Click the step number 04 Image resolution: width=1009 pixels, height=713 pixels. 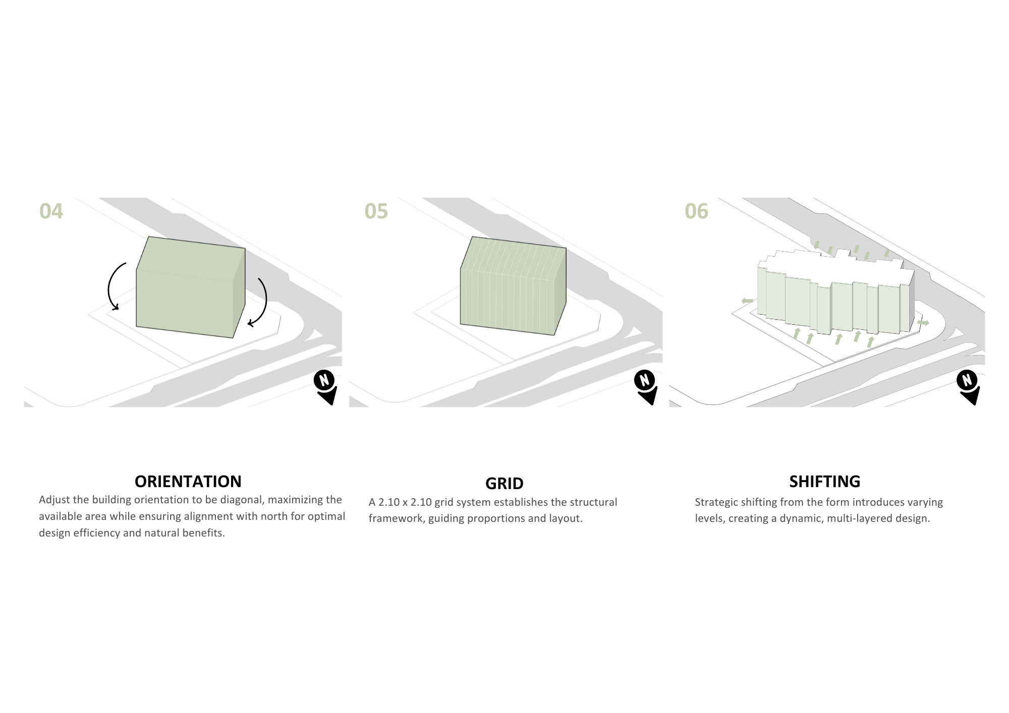(51, 211)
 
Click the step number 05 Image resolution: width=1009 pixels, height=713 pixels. (376, 211)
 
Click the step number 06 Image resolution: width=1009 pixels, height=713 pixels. (696, 211)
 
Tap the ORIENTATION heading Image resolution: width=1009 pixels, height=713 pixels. (188, 481)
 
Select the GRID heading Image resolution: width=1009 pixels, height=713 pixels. (504, 483)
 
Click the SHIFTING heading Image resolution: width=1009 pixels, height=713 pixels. (824, 481)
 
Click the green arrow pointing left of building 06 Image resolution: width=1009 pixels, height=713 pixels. (747, 301)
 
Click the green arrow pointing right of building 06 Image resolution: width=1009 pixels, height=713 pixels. (923, 322)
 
